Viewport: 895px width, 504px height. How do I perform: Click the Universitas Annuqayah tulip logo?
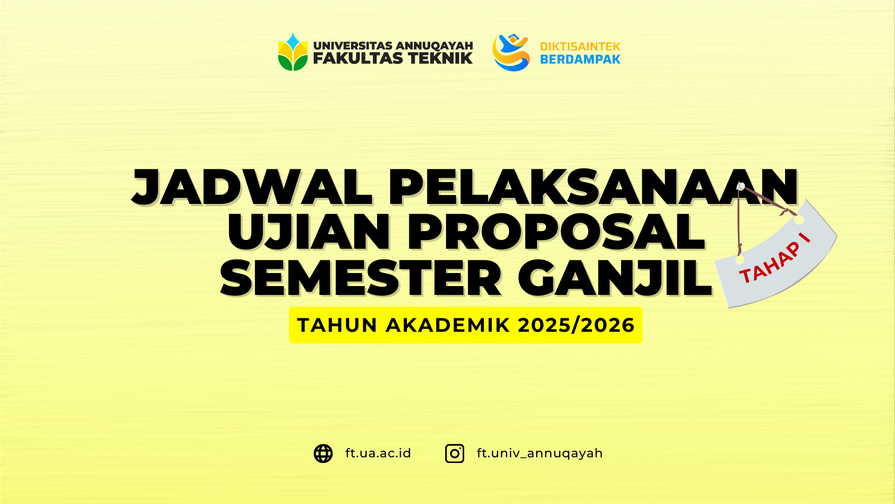click(293, 52)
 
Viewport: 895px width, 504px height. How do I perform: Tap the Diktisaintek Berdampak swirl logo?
click(511, 52)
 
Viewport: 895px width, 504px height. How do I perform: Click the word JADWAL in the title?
click(252, 188)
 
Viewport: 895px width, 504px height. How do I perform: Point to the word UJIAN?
click(308, 232)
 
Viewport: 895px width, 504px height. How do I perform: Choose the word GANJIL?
click(615, 279)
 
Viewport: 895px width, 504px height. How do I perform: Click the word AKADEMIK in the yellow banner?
click(448, 325)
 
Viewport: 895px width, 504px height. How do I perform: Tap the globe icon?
click(323, 454)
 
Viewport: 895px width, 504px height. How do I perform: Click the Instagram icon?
click(454, 454)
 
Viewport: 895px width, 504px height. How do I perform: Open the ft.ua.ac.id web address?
click(378, 454)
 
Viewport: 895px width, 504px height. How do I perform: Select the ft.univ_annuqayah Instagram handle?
click(540, 454)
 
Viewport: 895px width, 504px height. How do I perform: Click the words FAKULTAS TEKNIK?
click(392, 58)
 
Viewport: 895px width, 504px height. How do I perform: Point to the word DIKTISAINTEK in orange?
click(580, 47)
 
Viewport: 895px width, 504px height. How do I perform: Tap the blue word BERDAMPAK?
click(580, 59)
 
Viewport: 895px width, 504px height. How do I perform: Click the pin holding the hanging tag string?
click(741, 186)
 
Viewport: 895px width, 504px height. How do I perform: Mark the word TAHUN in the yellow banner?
click(337, 325)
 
